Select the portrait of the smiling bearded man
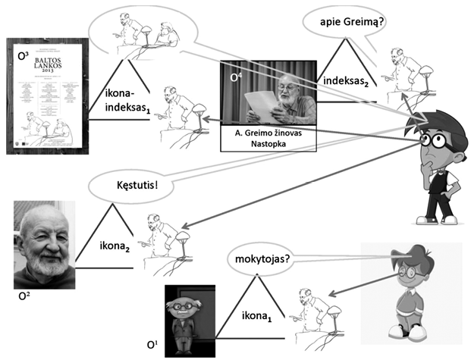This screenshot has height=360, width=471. [x=43, y=244]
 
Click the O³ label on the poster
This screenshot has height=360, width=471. [x=24, y=55]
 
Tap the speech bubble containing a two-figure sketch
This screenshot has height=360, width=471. [x=143, y=30]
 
